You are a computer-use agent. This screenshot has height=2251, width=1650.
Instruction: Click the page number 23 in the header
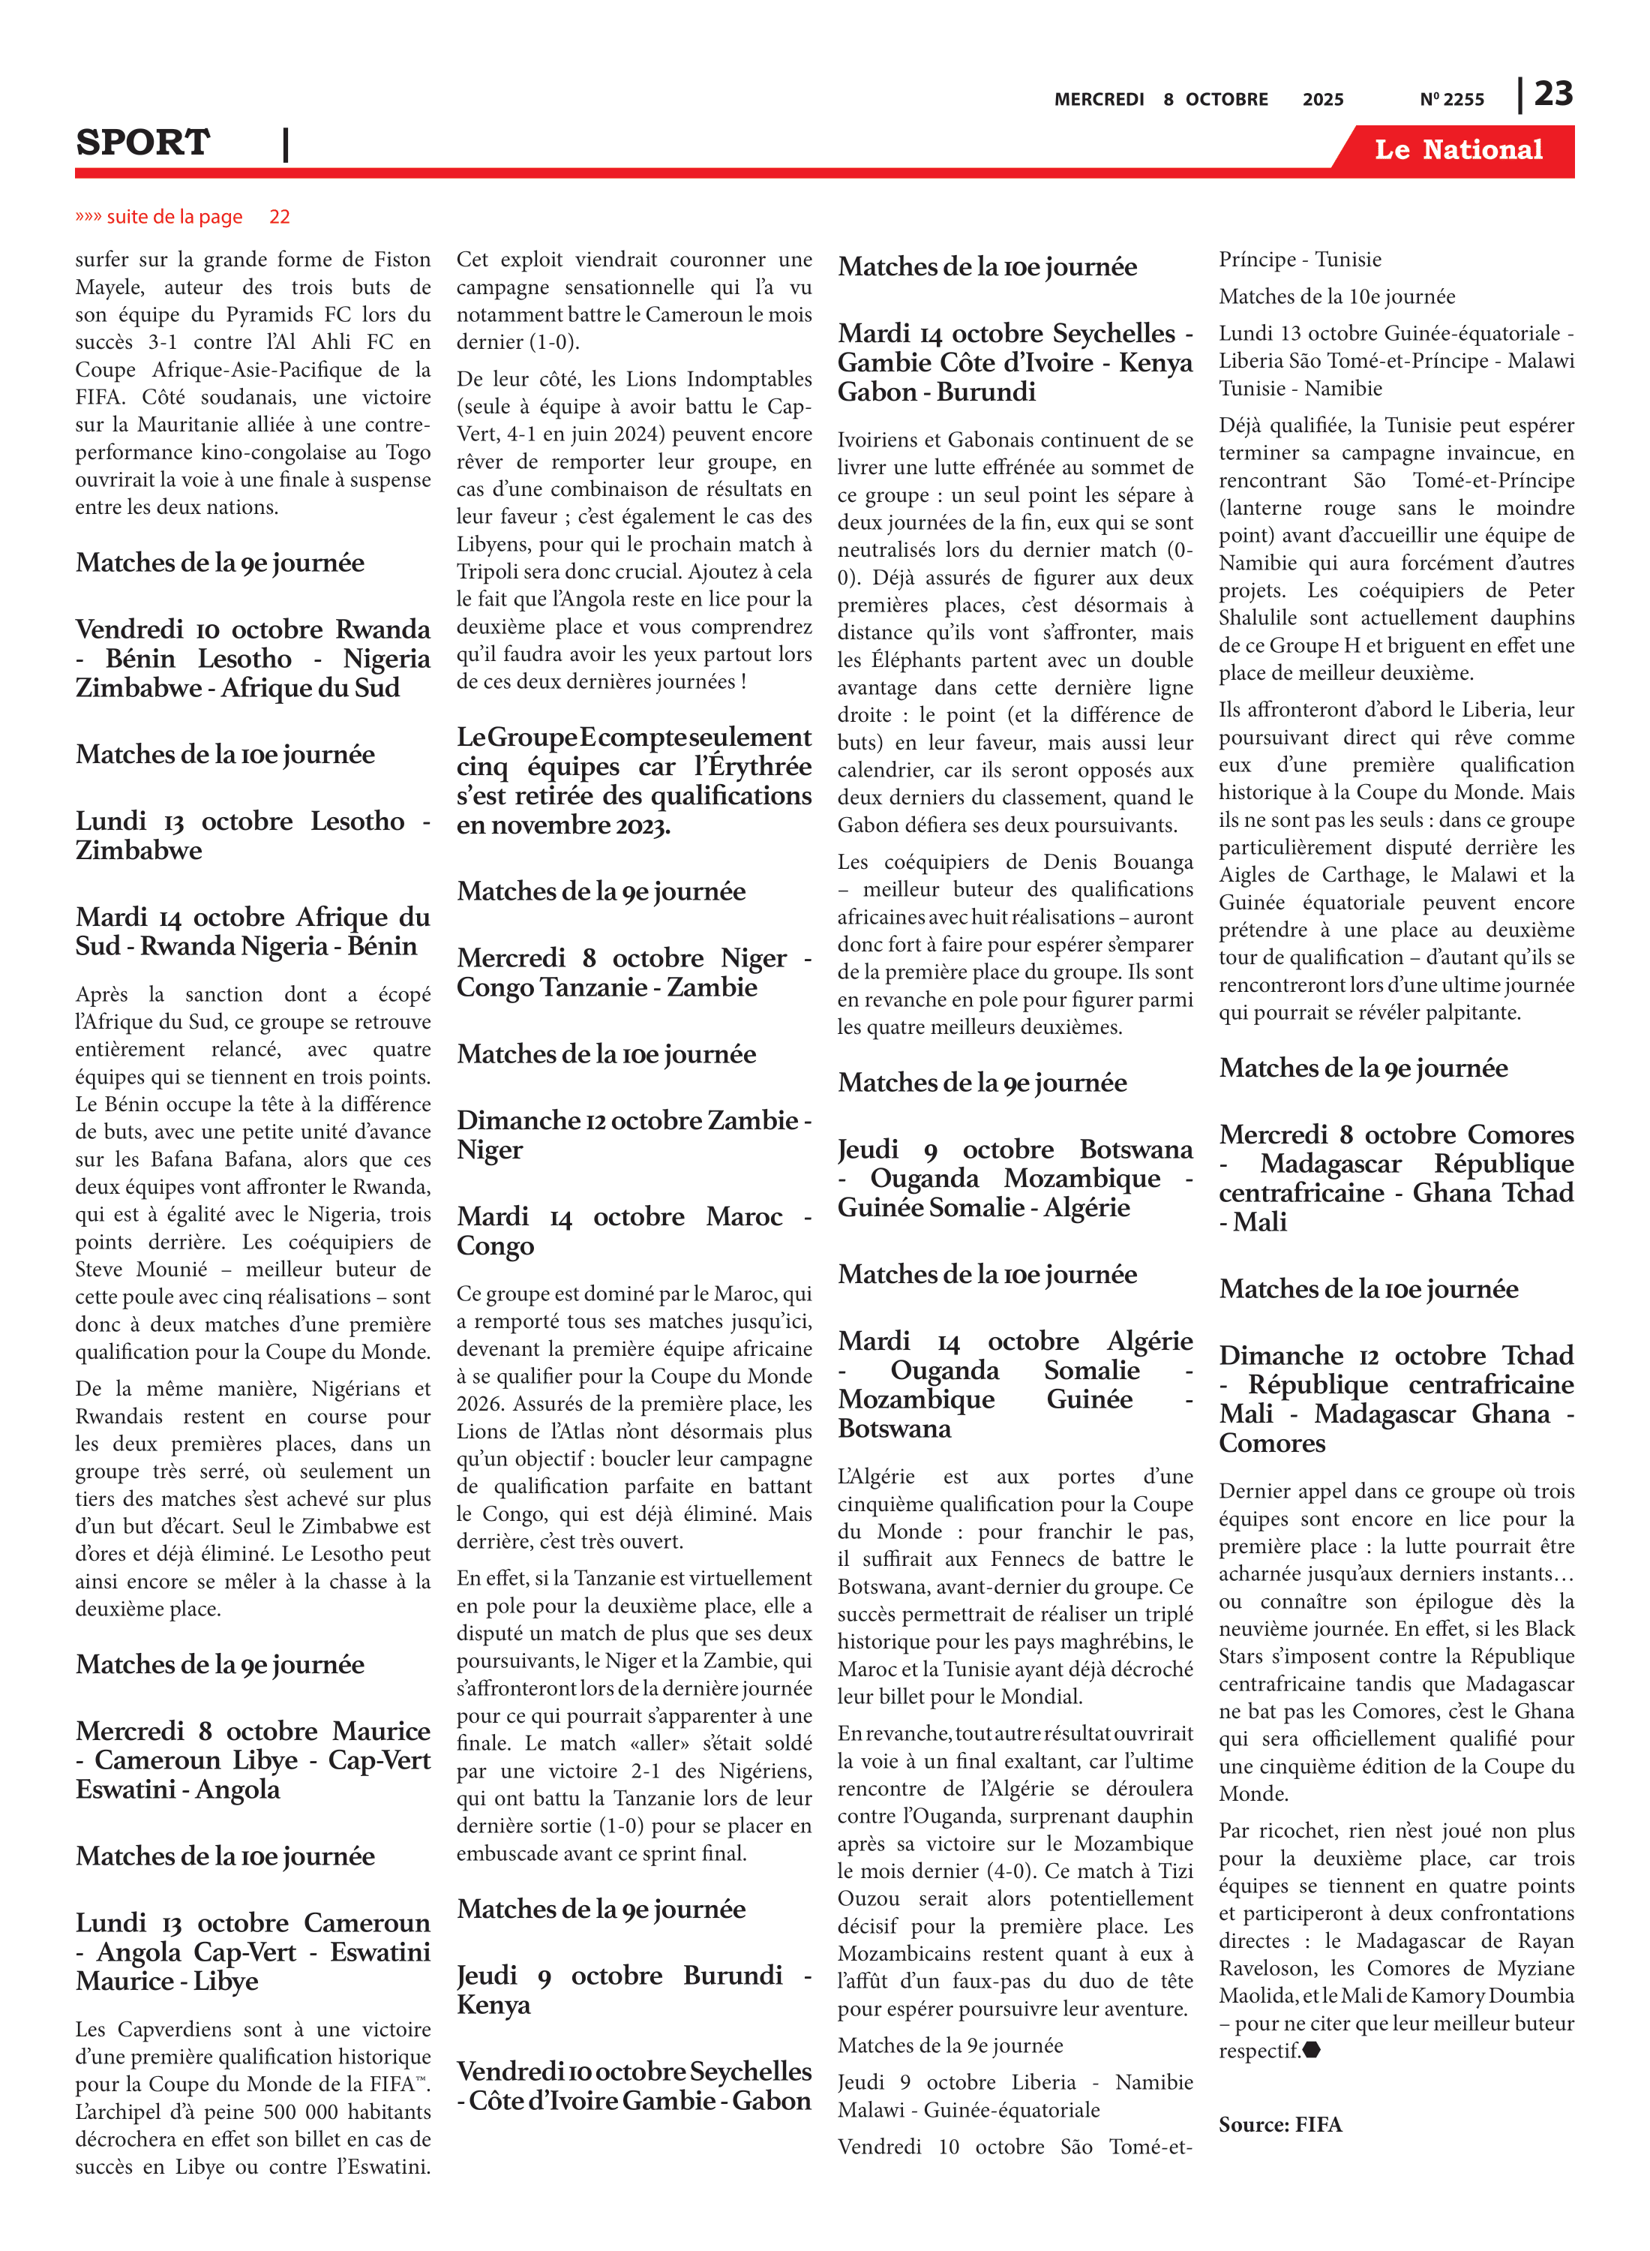coord(1553,94)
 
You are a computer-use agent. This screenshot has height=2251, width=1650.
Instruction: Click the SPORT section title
coord(142,143)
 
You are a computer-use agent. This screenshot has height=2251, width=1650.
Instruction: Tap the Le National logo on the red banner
coord(1457,150)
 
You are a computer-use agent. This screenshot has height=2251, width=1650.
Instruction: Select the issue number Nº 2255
coord(1451,100)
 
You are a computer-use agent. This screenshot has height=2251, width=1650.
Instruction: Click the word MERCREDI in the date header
coord(1099,100)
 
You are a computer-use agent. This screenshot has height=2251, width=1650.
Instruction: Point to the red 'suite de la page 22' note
coord(183,217)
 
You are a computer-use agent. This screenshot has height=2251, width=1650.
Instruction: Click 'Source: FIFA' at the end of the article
coord(1279,2124)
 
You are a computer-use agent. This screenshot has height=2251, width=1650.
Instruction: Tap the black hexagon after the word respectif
coord(1312,2050)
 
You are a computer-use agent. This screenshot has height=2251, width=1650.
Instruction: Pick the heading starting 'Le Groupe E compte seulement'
coord(634,780)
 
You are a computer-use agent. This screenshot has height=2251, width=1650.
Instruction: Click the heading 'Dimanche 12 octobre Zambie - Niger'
coord(634,1134)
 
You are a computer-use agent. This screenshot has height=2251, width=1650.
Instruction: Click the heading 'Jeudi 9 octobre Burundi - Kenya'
coord(634,1989)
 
